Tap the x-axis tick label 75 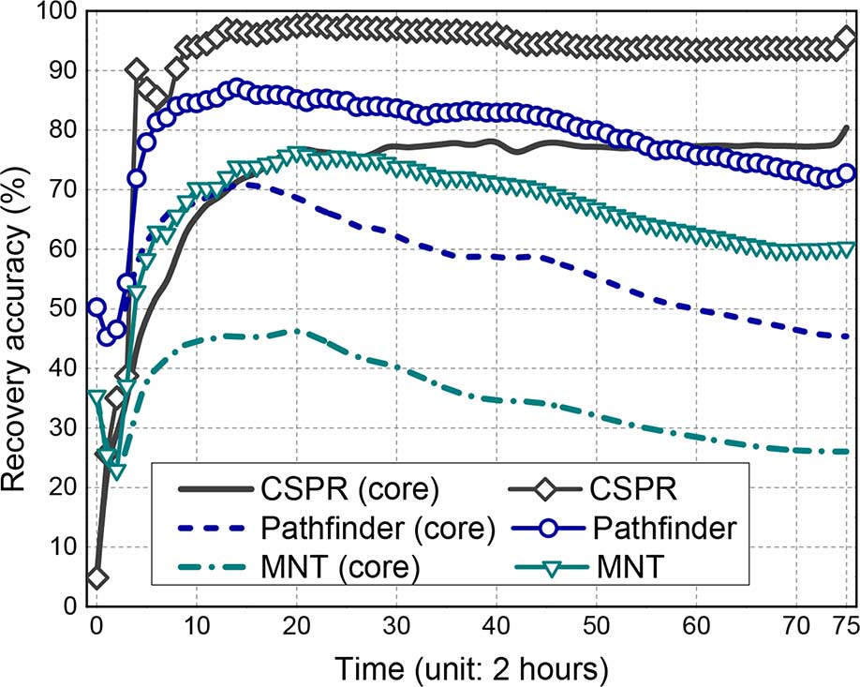point(845,625)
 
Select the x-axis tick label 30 point(397,625)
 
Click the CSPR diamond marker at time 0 point(96,576)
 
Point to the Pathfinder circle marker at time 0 point(96,307)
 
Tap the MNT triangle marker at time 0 point(96,397)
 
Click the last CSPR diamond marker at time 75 point(846,38)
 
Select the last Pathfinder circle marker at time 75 point(846,173)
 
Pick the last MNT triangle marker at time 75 point(846,249)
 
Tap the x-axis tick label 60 point(697,625)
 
